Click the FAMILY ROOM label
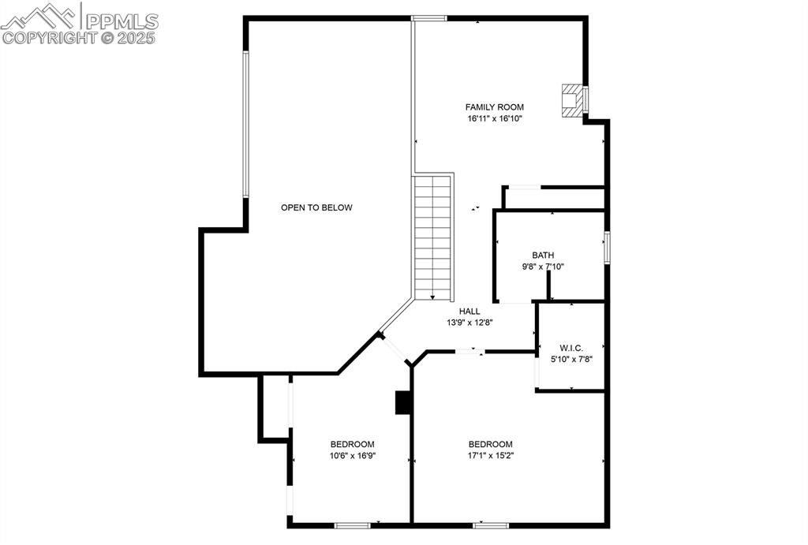click(x=494, y=107)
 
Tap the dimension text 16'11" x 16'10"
click(x=494, y=118)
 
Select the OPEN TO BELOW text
click(x=316, y=207)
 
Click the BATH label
click(x=543, y=256)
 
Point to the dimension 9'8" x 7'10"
click(x=543, y=267)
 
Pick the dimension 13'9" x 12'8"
click(x=469, y=323)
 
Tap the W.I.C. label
click(x=571, y=348)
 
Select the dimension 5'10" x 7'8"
click(x=571, y=359)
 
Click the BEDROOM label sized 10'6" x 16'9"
click(x=352, y=444)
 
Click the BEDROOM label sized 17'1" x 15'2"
click(x=490, y=444)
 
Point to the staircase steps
click(x=432, y=237)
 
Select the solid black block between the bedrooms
click(x=403, y=402)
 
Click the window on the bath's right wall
click(x=607, y=247)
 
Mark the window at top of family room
click(x=428, y=18)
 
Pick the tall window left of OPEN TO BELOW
click(x=245, y=124)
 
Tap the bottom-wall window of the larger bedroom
click(x=490, y=524)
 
